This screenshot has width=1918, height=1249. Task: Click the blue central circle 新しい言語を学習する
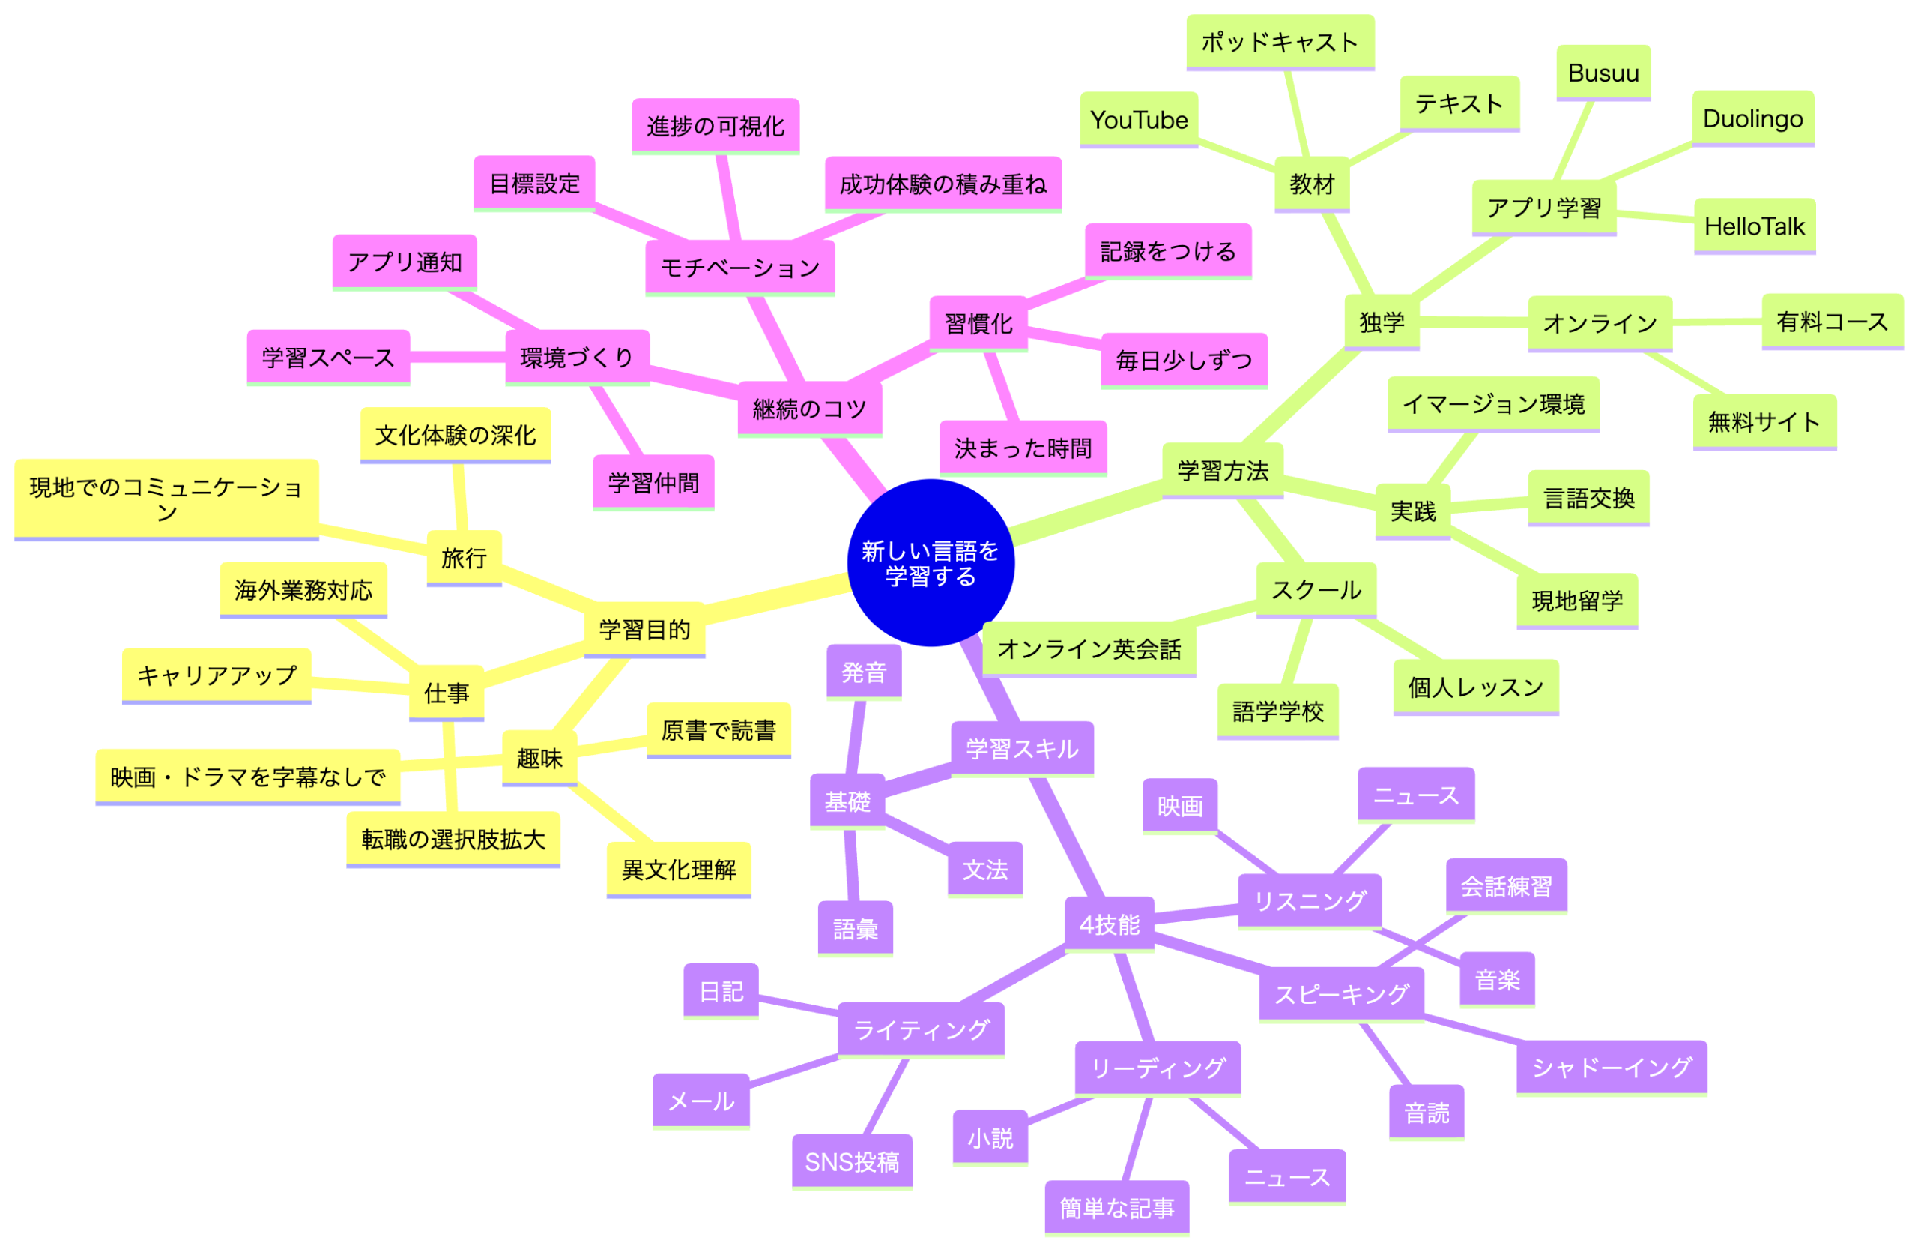[x=931, y=563]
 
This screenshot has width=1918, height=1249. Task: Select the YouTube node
[x=1139, y=119]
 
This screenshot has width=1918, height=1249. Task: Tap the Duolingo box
[x=1752, y=118]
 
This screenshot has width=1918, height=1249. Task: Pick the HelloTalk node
[x=1755, y=226]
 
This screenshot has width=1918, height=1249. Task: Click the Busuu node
[x=1603, y=73]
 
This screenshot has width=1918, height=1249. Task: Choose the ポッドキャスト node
[x=1280, y=42]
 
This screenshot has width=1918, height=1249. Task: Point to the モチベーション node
[x=739, y=267]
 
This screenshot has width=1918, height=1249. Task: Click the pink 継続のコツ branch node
[x=810, y=409]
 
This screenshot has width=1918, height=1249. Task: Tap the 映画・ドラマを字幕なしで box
[x=247, y=777]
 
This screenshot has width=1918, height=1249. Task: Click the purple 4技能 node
[x=1110, y=925]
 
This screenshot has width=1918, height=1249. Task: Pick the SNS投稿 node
[x=852, y=1161]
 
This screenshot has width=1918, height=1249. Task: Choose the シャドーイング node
[x=1612, y=1067]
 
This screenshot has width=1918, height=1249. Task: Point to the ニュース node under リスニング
[x=1416, y=795]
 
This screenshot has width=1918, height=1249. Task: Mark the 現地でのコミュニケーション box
[x=166, y=499]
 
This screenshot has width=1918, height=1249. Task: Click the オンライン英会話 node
[x=1089, y=649]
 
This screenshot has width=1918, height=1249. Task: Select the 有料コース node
[x=1833, y=322]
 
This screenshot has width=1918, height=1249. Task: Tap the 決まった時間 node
[x=1023, y=448]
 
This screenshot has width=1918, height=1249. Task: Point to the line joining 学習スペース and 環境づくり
[x=458, y=357]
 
